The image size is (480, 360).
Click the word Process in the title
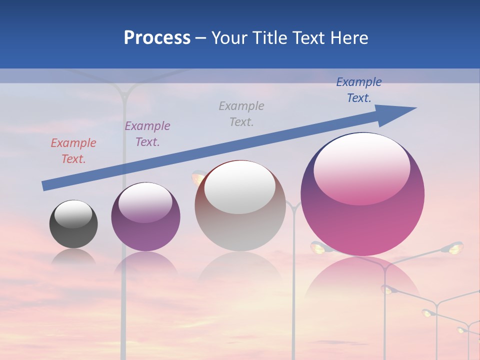157,38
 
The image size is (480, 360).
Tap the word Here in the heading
349,38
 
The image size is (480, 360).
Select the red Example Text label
73,151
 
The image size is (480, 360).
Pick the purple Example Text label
147,134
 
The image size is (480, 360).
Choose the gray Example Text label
241,113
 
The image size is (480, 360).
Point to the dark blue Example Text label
359,90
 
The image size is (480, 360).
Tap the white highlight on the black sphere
73,214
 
